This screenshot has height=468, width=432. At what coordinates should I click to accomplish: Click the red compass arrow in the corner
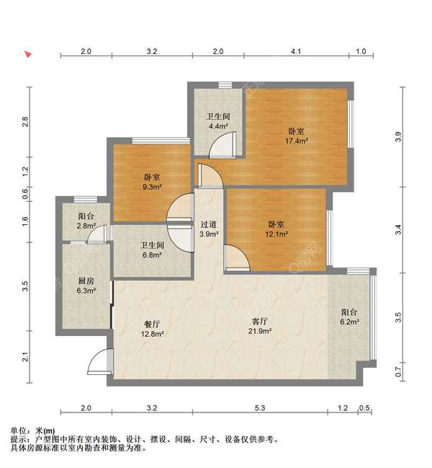point(28,54)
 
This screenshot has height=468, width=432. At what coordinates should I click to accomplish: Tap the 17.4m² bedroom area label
point(296,136)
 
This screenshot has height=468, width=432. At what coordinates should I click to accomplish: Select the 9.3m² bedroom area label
point(152,182)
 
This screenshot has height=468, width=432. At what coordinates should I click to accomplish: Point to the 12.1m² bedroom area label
point(276,229)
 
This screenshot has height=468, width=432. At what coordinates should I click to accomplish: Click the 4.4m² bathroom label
point(218,121)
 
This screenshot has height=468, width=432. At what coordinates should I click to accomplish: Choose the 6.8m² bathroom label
point(152,250)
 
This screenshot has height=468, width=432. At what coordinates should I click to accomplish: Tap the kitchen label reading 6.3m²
point(86,286)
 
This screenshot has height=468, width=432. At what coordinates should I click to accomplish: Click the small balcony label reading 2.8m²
point(86,221)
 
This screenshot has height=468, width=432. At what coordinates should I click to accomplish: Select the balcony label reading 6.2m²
point(349,317)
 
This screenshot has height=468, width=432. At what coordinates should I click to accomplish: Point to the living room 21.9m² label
point(259,326)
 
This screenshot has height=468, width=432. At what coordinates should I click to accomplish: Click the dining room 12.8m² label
point(152,329)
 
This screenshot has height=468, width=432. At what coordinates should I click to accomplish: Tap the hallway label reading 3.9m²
point(209,229)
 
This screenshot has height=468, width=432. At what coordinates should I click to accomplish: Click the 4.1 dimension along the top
point(296,51)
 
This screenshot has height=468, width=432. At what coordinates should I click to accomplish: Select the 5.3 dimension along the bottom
point(260,407)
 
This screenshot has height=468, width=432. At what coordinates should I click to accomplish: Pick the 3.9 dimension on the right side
point(398,137)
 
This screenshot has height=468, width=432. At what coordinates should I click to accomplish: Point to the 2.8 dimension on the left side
point(25,122)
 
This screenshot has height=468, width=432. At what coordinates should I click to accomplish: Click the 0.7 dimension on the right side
point(398,372)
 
